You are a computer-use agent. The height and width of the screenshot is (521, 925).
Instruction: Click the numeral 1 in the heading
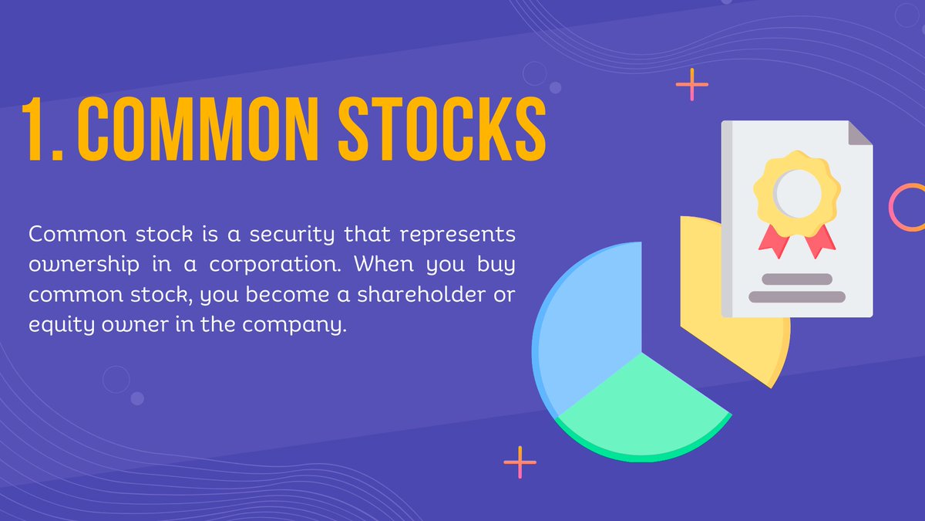coord(37,129)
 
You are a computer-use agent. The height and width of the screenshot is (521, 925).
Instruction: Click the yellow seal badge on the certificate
coord(797,189)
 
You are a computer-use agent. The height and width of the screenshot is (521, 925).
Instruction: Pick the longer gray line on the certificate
coord(797,296)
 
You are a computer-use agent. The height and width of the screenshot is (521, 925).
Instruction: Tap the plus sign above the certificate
coord(691,85)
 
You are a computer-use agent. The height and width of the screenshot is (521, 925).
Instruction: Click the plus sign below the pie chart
coord(520,462)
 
